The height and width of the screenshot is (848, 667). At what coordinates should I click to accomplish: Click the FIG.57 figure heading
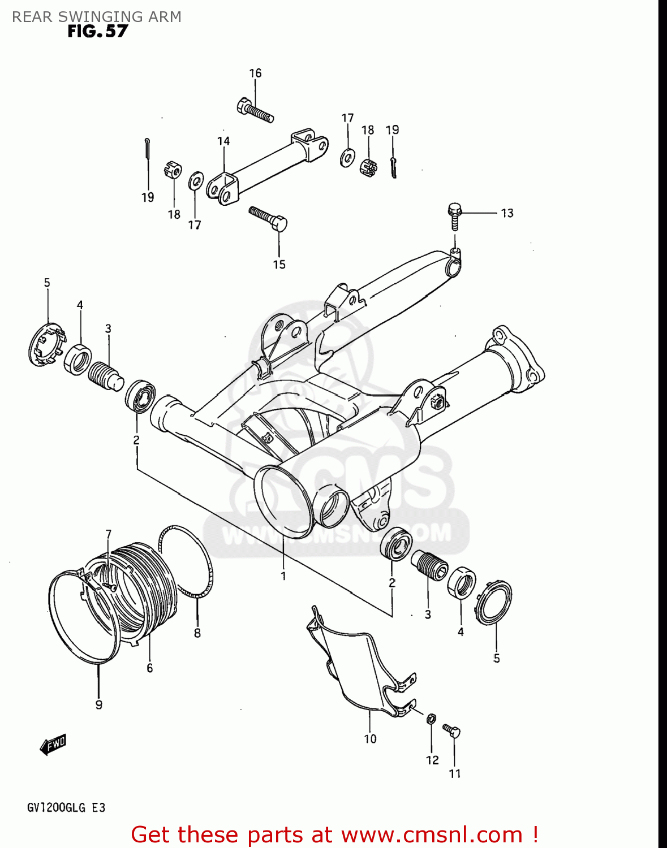coord(97,32)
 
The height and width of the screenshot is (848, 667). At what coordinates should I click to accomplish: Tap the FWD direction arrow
coord(54,745)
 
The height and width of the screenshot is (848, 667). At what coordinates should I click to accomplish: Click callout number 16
coord(255,73)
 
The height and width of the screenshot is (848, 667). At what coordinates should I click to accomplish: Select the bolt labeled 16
coord(255,110)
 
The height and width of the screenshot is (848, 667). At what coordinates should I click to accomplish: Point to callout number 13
coord(507,213)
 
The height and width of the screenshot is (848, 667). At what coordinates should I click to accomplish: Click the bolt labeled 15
coord(269,219)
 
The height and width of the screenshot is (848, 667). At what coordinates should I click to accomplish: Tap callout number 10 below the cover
coord(370,739)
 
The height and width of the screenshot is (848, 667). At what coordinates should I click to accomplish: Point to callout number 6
coord(149,668)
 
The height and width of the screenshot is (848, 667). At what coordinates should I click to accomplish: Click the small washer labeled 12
coord(431,719)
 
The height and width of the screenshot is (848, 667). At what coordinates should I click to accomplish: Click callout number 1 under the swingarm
coord(283,576)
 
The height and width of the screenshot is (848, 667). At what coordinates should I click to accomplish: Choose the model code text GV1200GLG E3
coord(66,808)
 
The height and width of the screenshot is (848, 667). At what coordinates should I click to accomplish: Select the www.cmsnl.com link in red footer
coord(432,835)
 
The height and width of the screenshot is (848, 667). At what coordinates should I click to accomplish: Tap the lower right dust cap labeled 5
coord(494,603)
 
